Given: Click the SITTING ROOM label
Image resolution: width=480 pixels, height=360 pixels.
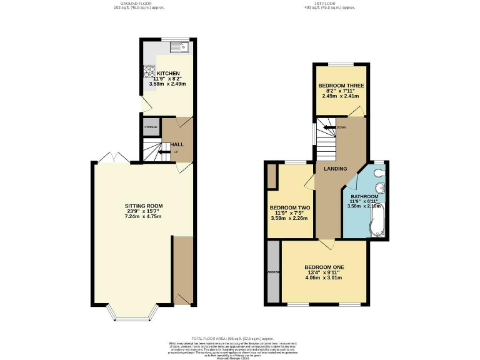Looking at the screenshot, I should click(144, 206).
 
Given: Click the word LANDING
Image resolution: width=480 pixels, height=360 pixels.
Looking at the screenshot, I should click(335, 169).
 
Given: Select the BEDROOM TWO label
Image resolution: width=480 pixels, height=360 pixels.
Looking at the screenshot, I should click(290, 207).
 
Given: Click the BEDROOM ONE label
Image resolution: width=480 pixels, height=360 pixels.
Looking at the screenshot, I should click(324, 267).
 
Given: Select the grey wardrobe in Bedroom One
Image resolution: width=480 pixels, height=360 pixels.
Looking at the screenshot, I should click(272, 272).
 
